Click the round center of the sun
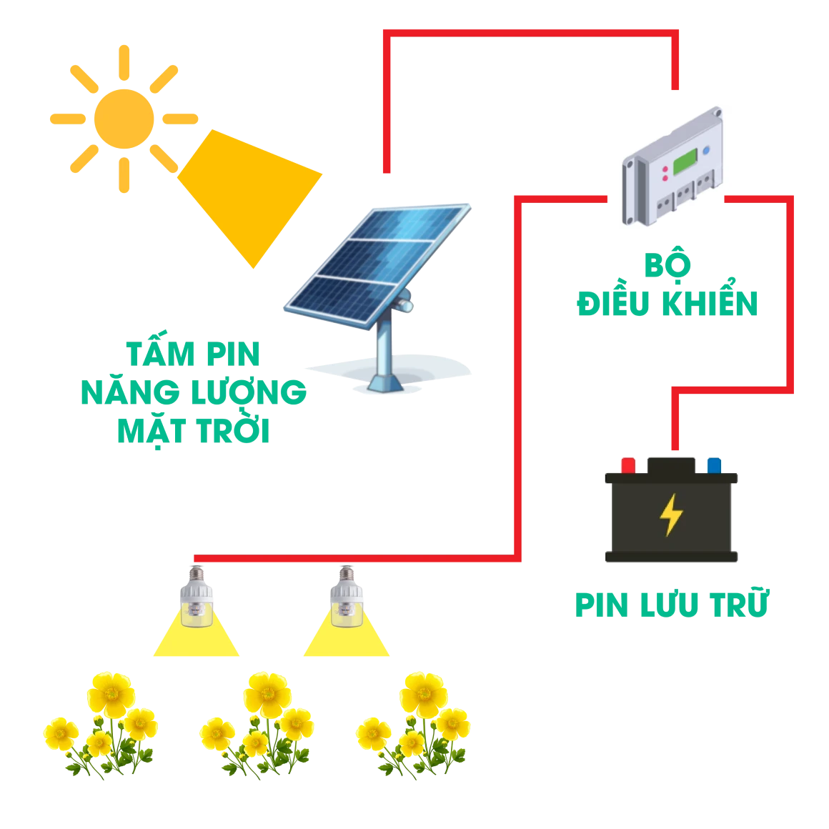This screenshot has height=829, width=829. pos(124,119)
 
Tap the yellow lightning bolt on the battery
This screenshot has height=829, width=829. pos(672,515)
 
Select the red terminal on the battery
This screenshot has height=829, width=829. pos(628,466)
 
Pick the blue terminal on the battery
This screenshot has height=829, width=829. pos(714,466)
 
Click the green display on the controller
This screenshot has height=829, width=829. pos(685,162)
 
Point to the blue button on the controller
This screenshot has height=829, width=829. pos(706,151)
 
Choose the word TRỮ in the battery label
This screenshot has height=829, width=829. pos(739,602)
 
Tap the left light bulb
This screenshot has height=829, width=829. pos(197,597)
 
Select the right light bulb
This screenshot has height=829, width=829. pos(347,597)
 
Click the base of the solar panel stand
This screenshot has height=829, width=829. pos(386,383)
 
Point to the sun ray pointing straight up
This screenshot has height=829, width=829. pos(124,63)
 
